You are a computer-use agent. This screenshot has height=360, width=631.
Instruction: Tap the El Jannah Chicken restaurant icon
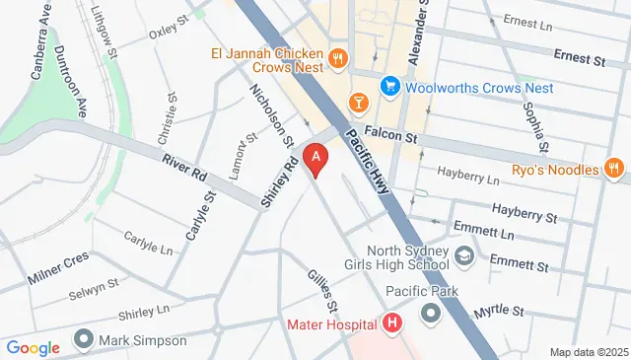click(337, 58)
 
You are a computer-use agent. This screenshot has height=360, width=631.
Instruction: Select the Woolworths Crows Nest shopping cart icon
click(389, 87)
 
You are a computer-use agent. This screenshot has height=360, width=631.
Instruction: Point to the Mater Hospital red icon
click(392, 324)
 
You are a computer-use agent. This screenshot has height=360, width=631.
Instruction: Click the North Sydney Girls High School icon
click(463, 257)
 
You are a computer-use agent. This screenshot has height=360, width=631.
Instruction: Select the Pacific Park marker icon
click(432, 315)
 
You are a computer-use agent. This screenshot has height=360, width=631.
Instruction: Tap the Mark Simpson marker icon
click(84, 341)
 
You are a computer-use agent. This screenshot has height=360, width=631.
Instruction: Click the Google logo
click(33, 347)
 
